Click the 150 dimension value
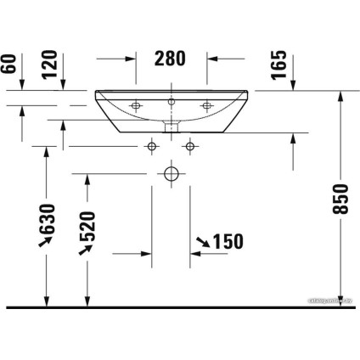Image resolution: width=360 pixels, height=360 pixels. (227, 242)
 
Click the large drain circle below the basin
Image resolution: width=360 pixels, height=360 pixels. (172, 176)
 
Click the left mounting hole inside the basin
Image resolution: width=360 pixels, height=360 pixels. (136, 106)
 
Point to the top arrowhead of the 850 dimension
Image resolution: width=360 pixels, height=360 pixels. (340, 94)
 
